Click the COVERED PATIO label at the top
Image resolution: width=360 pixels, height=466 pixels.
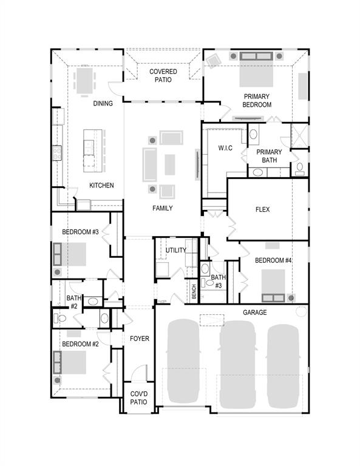[x=163, y=75]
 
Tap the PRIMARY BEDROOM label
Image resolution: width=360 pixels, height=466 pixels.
[x=257, y=100]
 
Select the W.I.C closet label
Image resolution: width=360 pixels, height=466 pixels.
[x=225, y=148]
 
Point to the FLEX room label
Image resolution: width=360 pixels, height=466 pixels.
[x=262, y=210]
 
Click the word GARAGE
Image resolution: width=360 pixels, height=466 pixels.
[x=254, y=312]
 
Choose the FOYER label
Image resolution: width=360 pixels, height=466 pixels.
[x=139, y=339]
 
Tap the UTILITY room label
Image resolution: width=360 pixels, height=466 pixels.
[x=176, y=250]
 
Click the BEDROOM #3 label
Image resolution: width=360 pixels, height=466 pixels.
[x=80, y=232]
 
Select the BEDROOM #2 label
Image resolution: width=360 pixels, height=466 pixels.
[x=80, y=344]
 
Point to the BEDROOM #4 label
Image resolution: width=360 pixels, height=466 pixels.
[x=274, y=260]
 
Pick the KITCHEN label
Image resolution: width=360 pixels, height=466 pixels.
[x=101, y=186]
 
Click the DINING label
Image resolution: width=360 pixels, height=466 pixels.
[x=103, y=104]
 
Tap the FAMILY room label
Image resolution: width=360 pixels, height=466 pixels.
[x=162, y=208]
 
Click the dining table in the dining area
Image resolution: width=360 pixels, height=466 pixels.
[x=84, y=79]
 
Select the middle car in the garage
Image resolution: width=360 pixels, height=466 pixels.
[x=237, y=364]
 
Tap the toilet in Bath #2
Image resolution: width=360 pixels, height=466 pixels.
[x=61, y=318]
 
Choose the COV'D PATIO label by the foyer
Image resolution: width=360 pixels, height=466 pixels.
[x=139, y=398]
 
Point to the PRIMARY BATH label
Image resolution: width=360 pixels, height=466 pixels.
[x=268, y=156]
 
